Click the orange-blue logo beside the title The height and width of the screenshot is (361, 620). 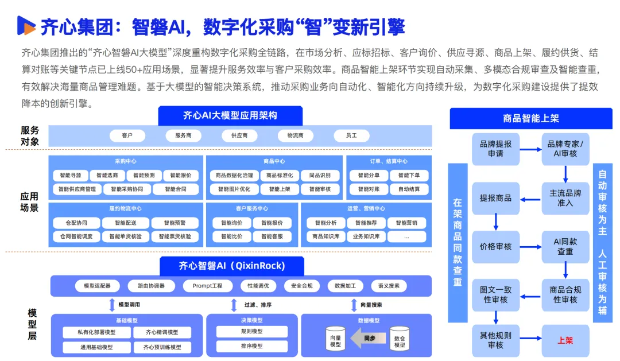tap(26, 26)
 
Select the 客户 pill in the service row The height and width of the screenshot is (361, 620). tap(127, 135)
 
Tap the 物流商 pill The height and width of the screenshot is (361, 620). tap(296, 135)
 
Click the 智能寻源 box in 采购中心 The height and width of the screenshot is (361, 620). tap(71, 175)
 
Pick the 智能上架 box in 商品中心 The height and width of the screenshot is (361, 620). tap(280, 189)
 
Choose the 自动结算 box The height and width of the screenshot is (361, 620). tap(409, 189)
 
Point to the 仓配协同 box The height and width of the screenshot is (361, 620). tap(76, 223)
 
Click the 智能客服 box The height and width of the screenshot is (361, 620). tap(272, 236)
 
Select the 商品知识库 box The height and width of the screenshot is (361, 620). tap(326, 236)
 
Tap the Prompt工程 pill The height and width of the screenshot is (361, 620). tap(208, 286)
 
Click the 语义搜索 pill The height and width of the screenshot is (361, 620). tap(389, 286)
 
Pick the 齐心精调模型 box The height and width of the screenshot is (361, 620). tap(162, 332)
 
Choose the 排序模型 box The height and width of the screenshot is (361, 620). tap(252, 346)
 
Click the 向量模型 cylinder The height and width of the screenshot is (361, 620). tap(335, 339)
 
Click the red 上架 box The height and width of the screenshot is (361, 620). tap(565, 340)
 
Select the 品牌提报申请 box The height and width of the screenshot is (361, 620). tap(496, 149)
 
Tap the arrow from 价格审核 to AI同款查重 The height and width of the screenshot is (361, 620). tap(530, 247)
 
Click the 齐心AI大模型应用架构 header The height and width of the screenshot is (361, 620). tap(230, 115)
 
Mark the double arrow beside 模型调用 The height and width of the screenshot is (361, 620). tap(112, 305)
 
